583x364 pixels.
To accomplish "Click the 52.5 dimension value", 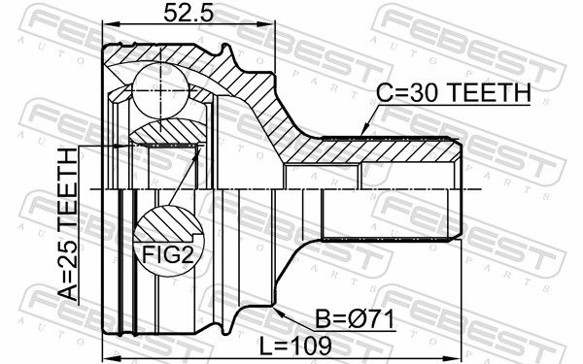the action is click(x=189, y=14).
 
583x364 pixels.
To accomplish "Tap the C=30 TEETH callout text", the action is click(x=454, y=92).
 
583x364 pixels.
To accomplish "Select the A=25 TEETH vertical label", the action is click(x=68, y=224).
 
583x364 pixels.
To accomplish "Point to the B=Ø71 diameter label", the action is click(x=355, y=319).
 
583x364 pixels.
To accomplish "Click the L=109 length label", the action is click(x=295, y=346).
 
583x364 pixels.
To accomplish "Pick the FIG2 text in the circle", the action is click(x=168, y=255).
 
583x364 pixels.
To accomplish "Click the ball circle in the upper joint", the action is click(x=160, y=89).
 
